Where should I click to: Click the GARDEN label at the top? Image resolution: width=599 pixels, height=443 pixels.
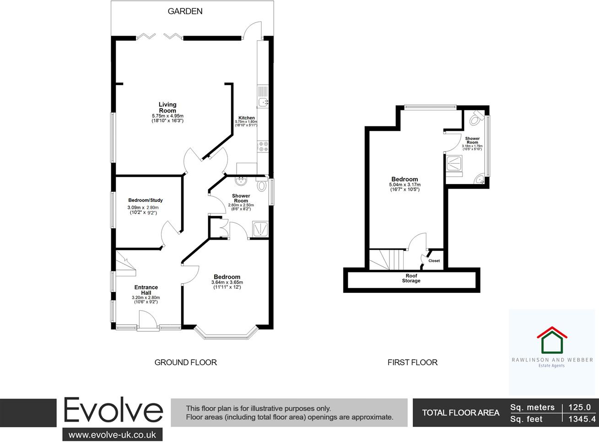(185, 11)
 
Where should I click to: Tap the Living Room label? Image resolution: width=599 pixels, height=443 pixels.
(167, 108)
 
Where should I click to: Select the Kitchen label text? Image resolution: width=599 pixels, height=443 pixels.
(246, 118)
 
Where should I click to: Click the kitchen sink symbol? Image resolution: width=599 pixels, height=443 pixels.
(263, 102)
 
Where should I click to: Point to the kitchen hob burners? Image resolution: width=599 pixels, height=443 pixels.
(263, 146)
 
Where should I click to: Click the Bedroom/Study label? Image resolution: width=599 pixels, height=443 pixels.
(146, 200)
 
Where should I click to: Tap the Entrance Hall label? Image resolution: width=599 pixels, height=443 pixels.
(146, 290)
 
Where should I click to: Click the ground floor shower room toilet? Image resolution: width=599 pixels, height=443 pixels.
(262, 185)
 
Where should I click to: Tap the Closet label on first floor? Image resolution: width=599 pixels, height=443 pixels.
(434, 261)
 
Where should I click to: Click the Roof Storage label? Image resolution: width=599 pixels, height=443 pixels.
(411, 278)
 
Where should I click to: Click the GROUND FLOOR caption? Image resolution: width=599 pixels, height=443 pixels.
(185, 362)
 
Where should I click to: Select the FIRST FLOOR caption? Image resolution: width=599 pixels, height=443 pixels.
(412, 362)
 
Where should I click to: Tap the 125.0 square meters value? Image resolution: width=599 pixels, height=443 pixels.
(580, 407)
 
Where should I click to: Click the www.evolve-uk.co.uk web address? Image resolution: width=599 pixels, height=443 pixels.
(112, 434)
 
